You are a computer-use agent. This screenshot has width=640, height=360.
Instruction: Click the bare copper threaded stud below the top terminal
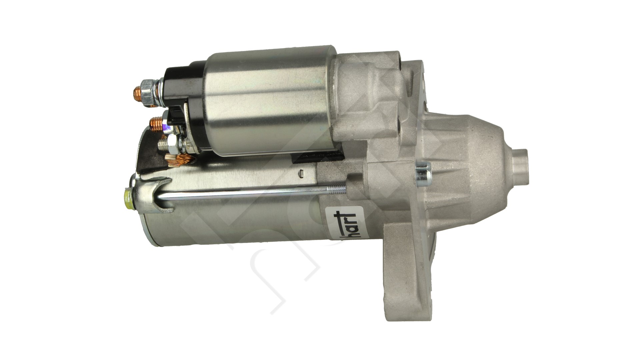pos(156,123)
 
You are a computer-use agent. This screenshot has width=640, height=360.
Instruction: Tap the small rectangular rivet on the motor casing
pos(301,172)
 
